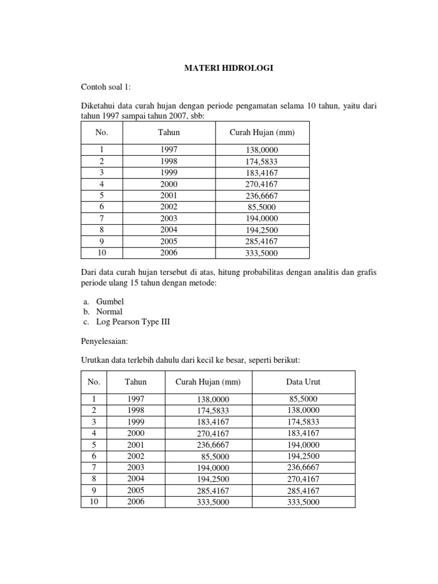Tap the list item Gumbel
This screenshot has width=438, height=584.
coord(109,301)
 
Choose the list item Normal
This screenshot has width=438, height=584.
coord(109,311)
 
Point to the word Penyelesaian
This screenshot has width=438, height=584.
coord(106,342)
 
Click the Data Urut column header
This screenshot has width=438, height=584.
coord(303,382)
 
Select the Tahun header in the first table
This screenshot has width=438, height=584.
coord(169,132)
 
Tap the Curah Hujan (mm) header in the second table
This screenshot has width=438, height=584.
coord(208,382)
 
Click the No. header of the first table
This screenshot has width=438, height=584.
coord(102,132)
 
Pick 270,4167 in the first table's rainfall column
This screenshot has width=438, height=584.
coord(262,184)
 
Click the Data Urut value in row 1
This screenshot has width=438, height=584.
coord(303,399)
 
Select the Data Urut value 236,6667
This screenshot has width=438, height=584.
coord(303,468)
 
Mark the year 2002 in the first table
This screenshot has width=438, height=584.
coord(169,207)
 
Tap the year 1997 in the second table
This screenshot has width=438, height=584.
coord(136,399)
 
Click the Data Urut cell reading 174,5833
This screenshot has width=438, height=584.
coord(303,422)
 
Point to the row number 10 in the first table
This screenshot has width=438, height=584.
coord(102,253)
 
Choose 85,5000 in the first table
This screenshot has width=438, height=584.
coord(262,207)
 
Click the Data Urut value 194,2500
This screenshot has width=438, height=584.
coord(303,456)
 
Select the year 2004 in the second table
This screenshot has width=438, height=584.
coord(136,479)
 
